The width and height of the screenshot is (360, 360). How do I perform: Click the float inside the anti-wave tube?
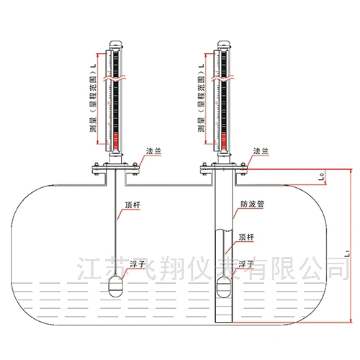224,287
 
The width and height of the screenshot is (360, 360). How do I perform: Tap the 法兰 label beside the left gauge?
153,151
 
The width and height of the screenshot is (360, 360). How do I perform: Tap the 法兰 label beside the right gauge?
261,151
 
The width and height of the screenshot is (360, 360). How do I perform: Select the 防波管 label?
252,204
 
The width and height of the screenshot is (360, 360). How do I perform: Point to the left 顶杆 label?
132,205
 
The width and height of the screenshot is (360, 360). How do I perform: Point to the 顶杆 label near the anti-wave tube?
246,237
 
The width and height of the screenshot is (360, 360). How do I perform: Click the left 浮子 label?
138,264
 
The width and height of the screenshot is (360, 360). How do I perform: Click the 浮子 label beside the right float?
246,264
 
